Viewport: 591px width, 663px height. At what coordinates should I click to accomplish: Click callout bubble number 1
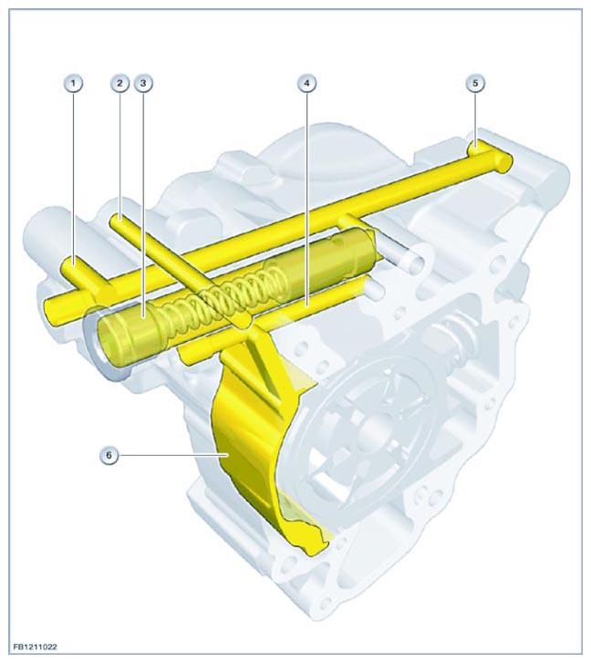pyautogui.click(x=74, y=83)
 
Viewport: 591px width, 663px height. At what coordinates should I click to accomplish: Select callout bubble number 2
pyautogui.click(x=120, y=83)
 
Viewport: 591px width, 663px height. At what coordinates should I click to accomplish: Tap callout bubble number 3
pyautogui.click(x=143, y=83)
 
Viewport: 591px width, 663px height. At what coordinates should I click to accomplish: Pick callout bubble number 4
pyautogui.click(x=307, y=83)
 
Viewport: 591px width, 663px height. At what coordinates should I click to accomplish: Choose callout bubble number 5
pyautogui.click(x=475, y=83)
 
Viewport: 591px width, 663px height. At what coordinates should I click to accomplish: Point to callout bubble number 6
pyautogui.click(x=109, y=455)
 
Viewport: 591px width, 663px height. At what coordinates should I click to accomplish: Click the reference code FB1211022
pyautogui.click(x=35, y=647)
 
